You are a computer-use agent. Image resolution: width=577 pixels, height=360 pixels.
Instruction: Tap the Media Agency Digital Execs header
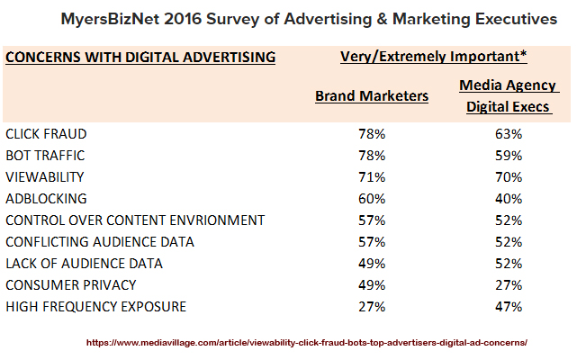coord(508,96)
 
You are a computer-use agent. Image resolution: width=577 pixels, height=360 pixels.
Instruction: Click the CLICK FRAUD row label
coord(46,134)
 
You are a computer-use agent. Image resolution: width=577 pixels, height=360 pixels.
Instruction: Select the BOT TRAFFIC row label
coord(46,156)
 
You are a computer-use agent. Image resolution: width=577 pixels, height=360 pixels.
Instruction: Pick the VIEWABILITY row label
coord(45,177)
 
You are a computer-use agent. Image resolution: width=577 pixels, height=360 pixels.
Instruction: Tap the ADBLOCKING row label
coord(47,199)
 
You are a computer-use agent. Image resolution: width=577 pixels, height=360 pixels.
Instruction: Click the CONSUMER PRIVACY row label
coord(70,285)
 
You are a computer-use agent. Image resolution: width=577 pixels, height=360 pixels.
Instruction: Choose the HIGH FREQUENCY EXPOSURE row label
coord(95,307)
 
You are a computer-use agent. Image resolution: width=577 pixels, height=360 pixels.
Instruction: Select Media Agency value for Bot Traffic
coord(508,156)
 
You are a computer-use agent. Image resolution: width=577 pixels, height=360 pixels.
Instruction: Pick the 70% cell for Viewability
coord(508,177)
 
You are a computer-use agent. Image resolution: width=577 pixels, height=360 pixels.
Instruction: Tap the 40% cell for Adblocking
coord(508,199)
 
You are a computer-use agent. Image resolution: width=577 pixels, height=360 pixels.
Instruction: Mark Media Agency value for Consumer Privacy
coord(508,285)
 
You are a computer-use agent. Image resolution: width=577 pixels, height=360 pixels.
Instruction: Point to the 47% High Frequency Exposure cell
coord(508,307)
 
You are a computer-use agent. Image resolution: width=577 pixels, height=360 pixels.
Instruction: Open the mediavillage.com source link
coord(306,343)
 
